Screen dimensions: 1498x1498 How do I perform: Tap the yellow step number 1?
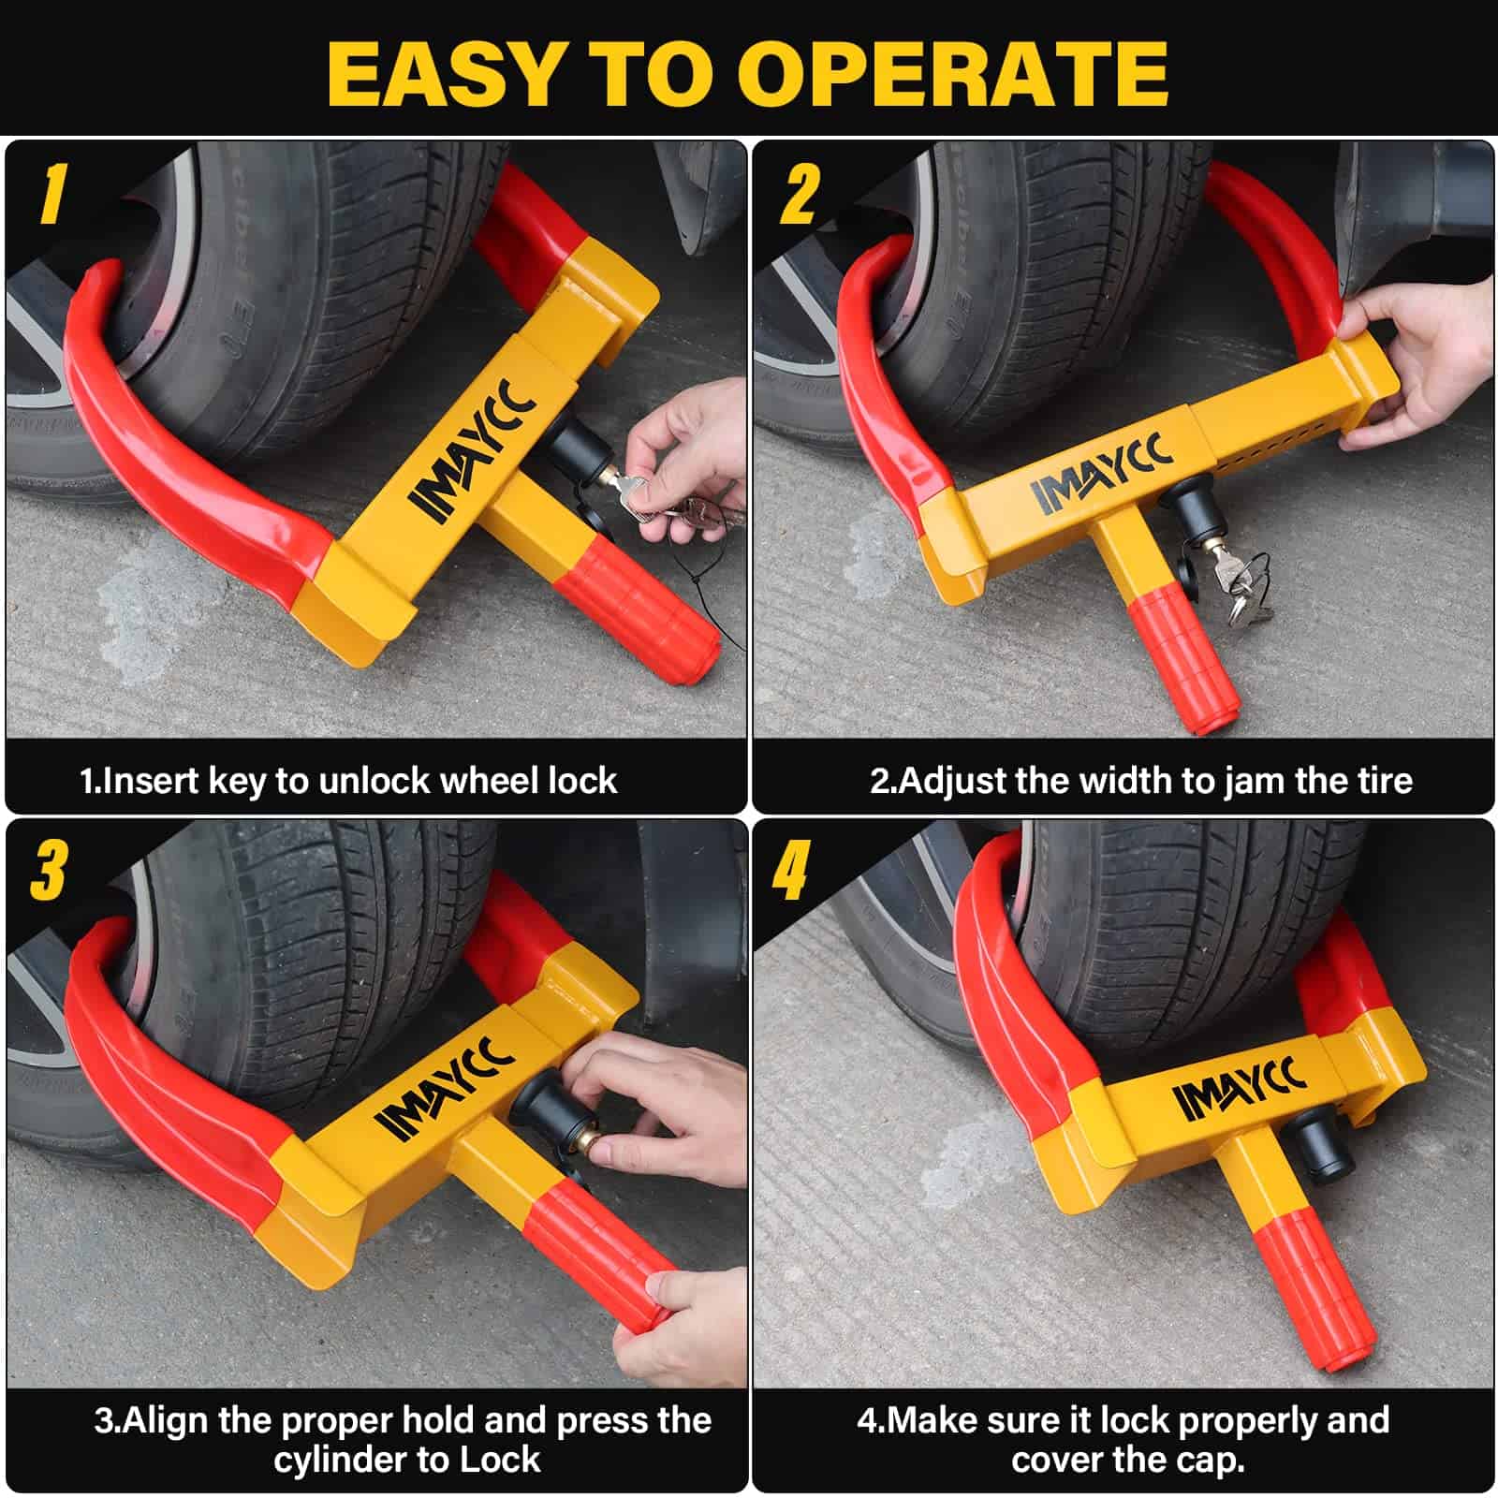(52, 195)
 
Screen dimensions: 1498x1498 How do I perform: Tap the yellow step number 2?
(799, 195)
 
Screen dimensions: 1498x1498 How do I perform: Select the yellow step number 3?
(48, 870)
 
